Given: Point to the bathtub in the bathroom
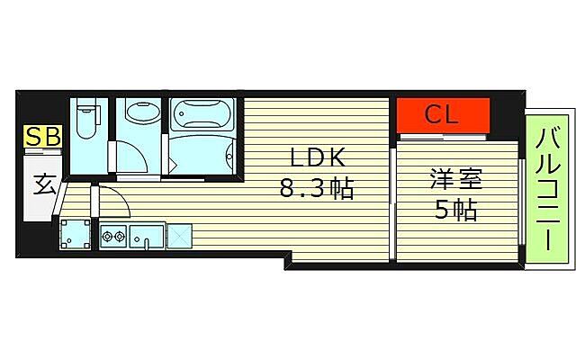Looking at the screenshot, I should click(x=203, y=113).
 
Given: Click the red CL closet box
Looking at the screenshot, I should click(x=443, y=115).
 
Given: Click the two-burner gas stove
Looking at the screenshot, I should click(x=113, y=238).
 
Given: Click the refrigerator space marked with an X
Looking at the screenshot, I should click(x=180, y=236).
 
